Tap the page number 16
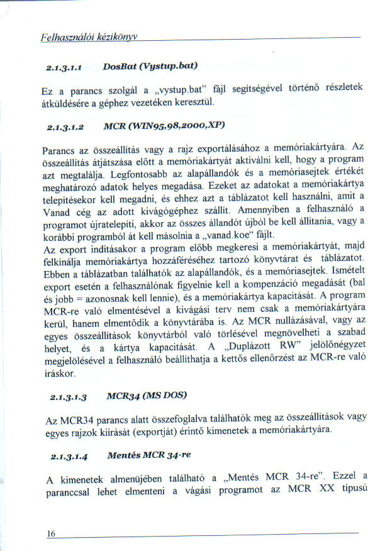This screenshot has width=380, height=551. [52, 534]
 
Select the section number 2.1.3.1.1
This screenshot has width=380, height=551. [65, 65]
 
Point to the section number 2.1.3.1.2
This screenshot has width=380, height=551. [65, 126]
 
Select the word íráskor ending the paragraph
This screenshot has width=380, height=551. [61, 374]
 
